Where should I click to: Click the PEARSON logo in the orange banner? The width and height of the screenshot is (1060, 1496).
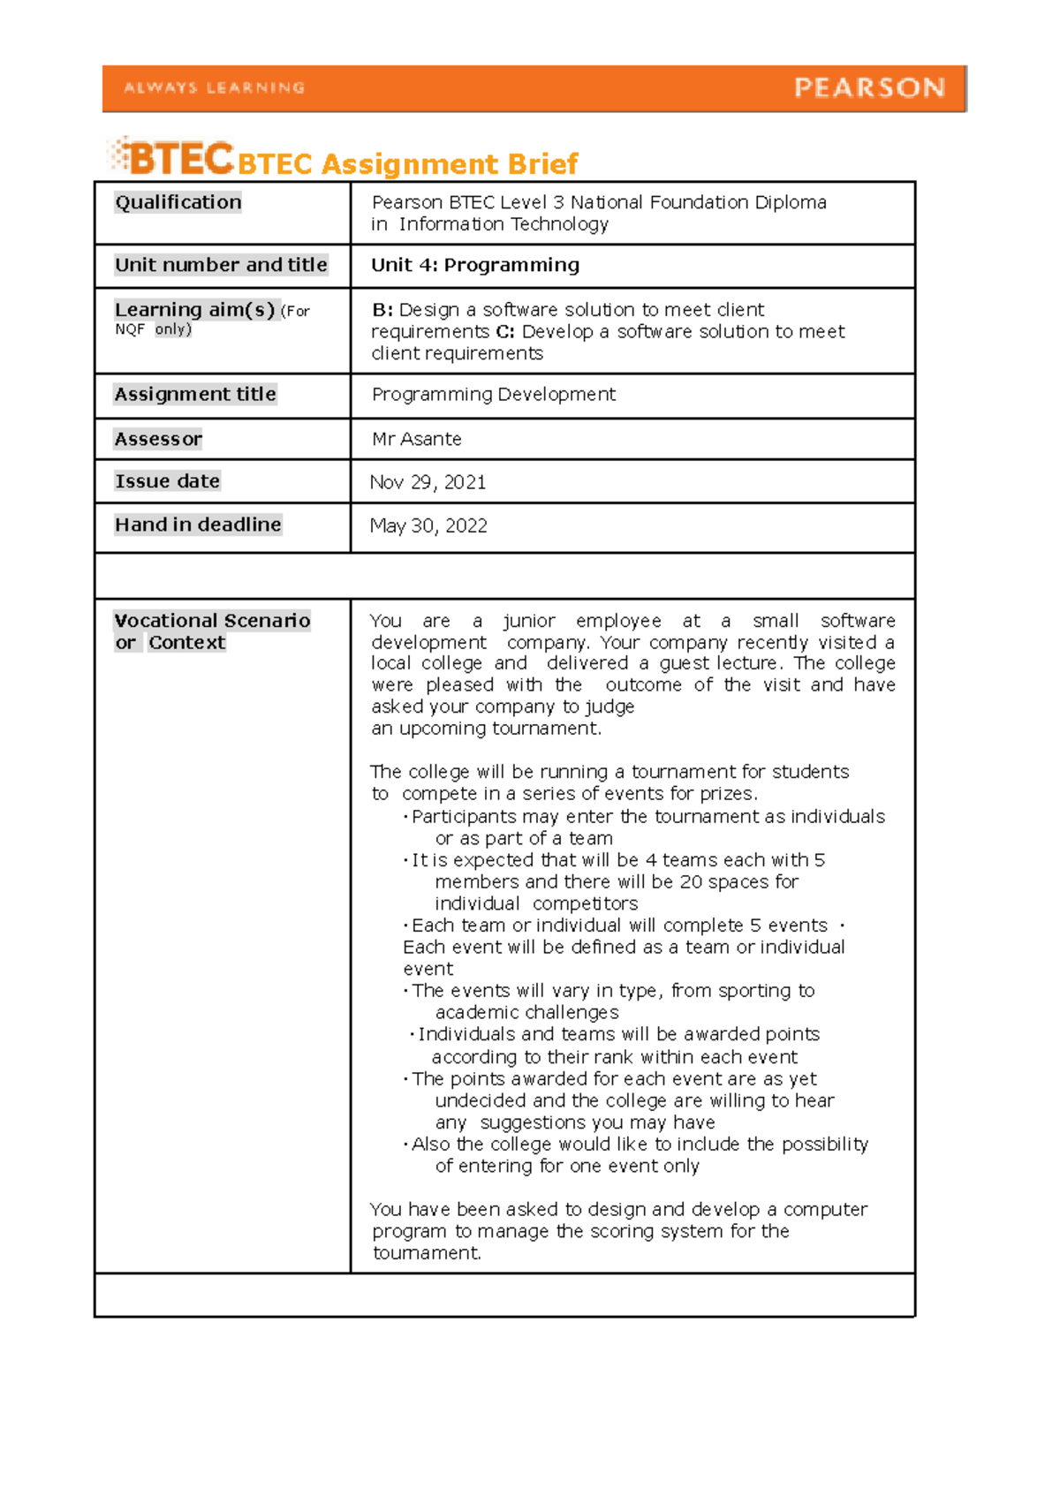coord(869,87)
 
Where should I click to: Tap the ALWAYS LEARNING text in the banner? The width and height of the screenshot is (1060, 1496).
coord(215,87)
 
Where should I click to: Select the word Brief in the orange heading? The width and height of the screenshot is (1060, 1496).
coord(541,164)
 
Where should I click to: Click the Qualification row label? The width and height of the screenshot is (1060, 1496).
coord(178,202)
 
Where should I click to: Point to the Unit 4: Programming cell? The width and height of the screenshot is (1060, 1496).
coord(475,265)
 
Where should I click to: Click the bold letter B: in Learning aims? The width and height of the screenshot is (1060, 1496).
coord(382,310)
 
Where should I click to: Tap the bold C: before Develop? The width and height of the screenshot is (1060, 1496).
coord(505,332)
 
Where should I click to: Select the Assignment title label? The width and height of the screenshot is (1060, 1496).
coord(195,394)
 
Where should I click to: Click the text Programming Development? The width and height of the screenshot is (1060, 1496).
coord(494,395)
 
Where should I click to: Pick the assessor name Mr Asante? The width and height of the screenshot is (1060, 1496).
coord(417,439)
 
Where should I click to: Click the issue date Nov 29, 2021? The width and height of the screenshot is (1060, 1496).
coord(428,482)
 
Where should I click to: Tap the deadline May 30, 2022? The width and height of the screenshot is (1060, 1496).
coord(428,526)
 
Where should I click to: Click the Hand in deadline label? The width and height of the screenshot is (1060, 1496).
coord(198,525)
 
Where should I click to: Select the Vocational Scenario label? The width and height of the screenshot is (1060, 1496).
coord(212,621)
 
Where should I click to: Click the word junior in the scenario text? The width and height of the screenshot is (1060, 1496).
coord(529,621)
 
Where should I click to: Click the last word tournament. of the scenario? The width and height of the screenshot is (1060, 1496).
coord(427,1253)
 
